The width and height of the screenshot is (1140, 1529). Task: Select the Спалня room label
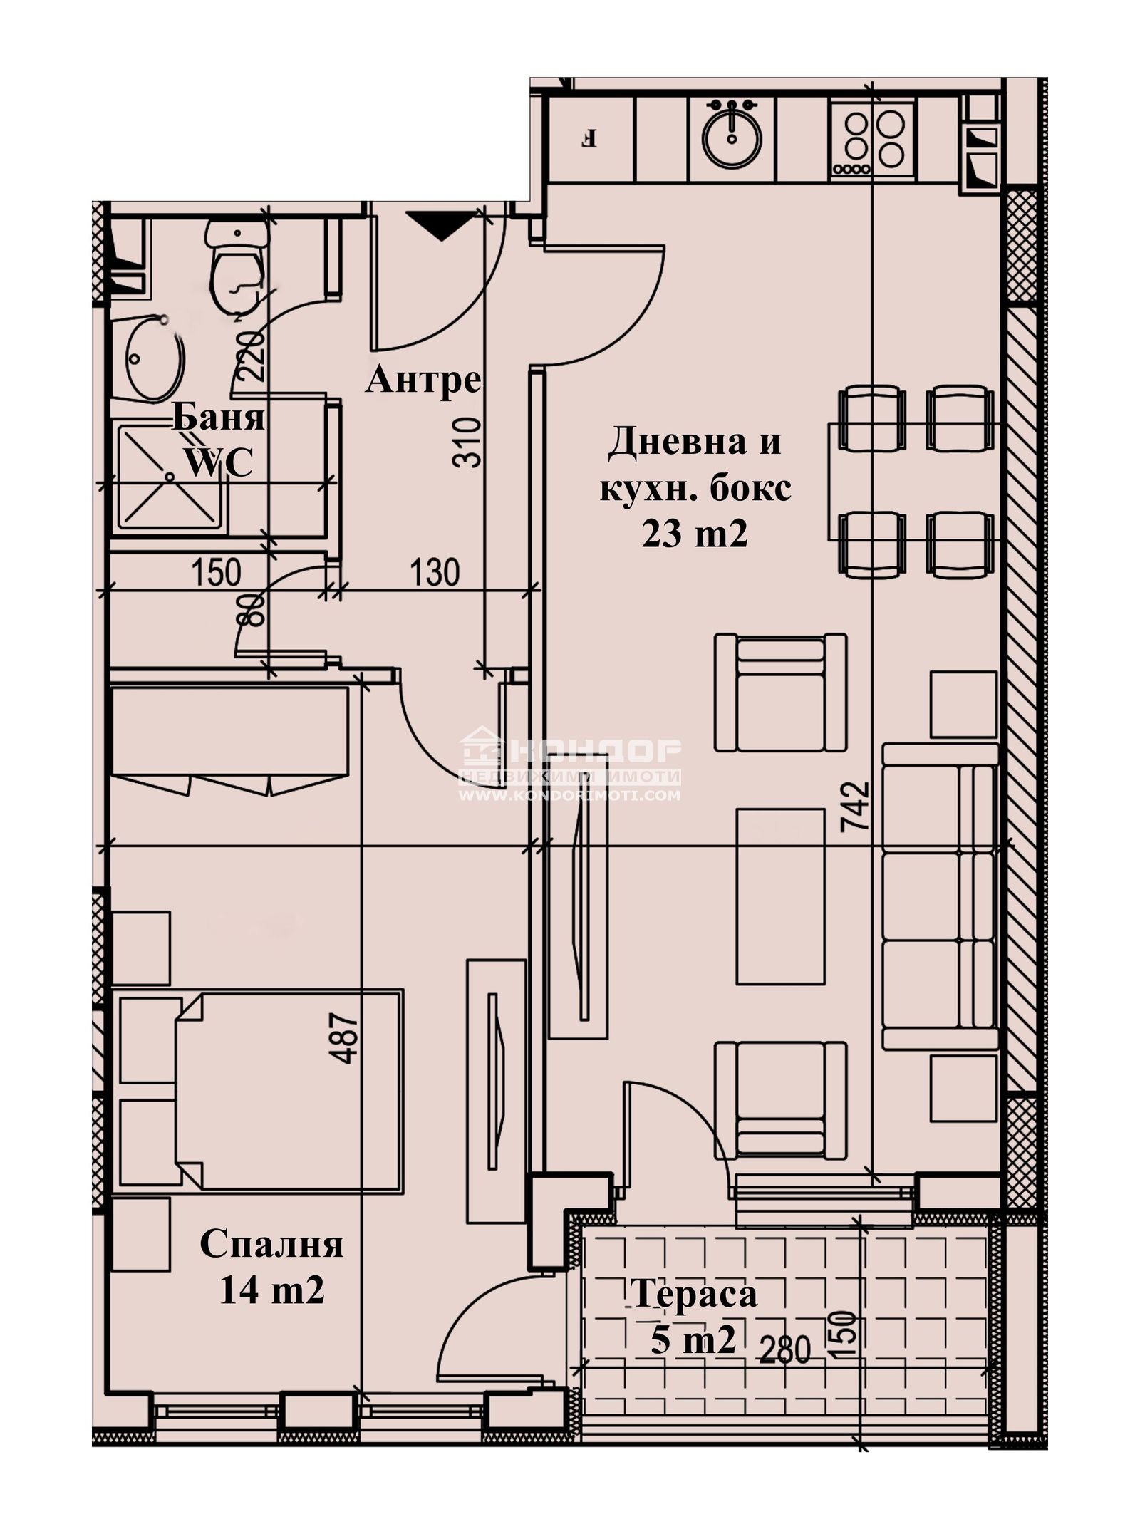click(271, 1245)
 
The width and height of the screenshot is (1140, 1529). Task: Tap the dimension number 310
click(467, 442)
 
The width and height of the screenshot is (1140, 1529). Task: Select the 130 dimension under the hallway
click(435, 572)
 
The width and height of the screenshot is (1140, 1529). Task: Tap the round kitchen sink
click(732, 138)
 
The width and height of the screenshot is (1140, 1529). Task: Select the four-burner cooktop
click(874, 137)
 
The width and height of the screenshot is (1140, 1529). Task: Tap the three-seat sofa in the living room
click(939, 896)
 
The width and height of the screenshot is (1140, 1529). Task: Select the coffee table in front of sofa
click(780, 896)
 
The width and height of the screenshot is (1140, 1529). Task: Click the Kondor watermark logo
click(569, 767)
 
